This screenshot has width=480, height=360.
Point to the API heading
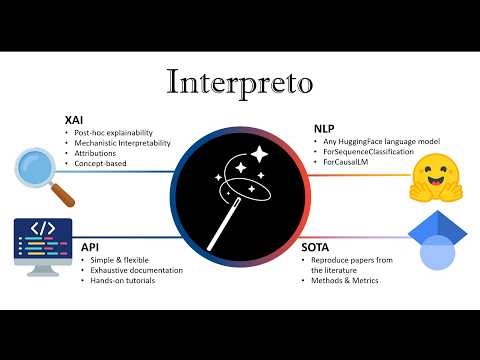(x=90, y=244)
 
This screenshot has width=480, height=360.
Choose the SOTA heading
(x=319, y=244)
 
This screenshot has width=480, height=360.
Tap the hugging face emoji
(x=437, y=176)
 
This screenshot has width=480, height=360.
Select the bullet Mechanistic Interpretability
(x=120, y=144)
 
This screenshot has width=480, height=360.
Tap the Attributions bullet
(x=97, y=156)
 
